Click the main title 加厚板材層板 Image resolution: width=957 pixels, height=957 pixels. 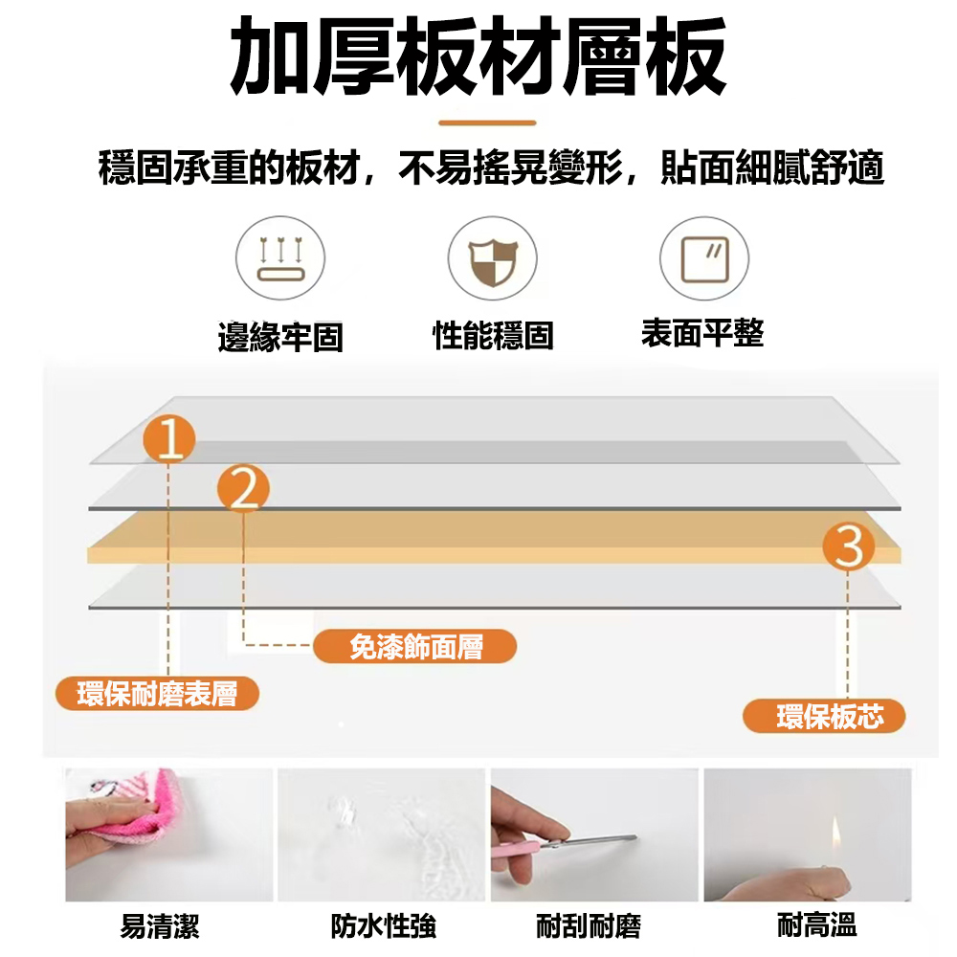click(x=478, y=56)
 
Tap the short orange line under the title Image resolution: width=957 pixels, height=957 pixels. click(x=487, y=122)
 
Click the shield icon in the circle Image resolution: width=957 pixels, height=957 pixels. click(x=493, y=262)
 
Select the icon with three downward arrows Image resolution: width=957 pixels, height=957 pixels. click(x=280, y=258)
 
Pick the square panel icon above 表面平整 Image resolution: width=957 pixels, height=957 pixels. click(x=705, y=259)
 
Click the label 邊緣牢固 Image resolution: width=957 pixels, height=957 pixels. click(x=280, y=336)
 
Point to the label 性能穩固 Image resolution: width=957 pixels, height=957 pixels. click(x=493, y=335)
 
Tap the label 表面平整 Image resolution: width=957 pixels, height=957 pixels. click(x=702, y=333)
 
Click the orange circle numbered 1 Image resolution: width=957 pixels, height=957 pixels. click(x=169, y=439)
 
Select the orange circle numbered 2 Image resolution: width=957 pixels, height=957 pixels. click(x=243, y=489)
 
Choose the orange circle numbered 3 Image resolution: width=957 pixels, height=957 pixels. click(x=848, y=545)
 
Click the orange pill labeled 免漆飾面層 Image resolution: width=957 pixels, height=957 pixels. click(x=415, y=646)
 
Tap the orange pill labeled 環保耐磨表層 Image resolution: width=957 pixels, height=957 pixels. click(x=158, y=693)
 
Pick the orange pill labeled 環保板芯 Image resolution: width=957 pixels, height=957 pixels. click(x=824, y=716)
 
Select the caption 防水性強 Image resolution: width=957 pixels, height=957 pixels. click(x=384, y=925)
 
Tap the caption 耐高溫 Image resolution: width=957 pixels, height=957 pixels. click(x=816, y=924)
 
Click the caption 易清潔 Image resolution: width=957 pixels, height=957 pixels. click(x=160, y=925)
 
